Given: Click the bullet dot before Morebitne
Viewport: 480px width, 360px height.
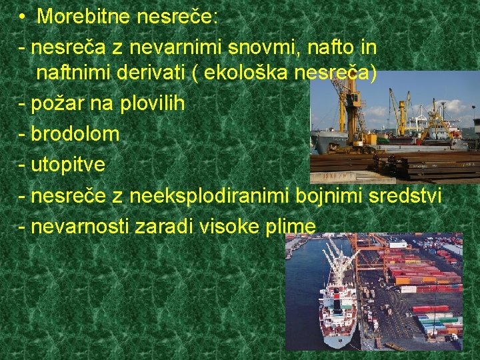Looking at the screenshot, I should (x=22, y=17).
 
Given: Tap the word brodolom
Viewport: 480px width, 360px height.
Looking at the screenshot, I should (x=75, y=133).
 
